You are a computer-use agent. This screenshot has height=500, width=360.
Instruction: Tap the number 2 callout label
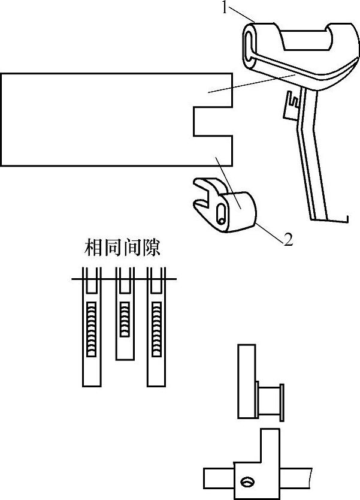pos(288,240)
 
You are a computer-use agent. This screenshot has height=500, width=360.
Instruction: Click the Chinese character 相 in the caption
pos(93,248)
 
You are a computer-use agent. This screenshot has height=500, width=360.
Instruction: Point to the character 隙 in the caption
pos(152,248)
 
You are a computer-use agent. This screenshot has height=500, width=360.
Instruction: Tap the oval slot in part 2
pos(222,212)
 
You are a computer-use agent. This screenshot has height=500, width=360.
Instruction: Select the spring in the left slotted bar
pos(92,329)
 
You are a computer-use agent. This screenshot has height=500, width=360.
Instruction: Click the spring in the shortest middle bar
pos(124,318)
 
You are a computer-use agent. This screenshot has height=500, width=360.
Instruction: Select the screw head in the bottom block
pos(246,481)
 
